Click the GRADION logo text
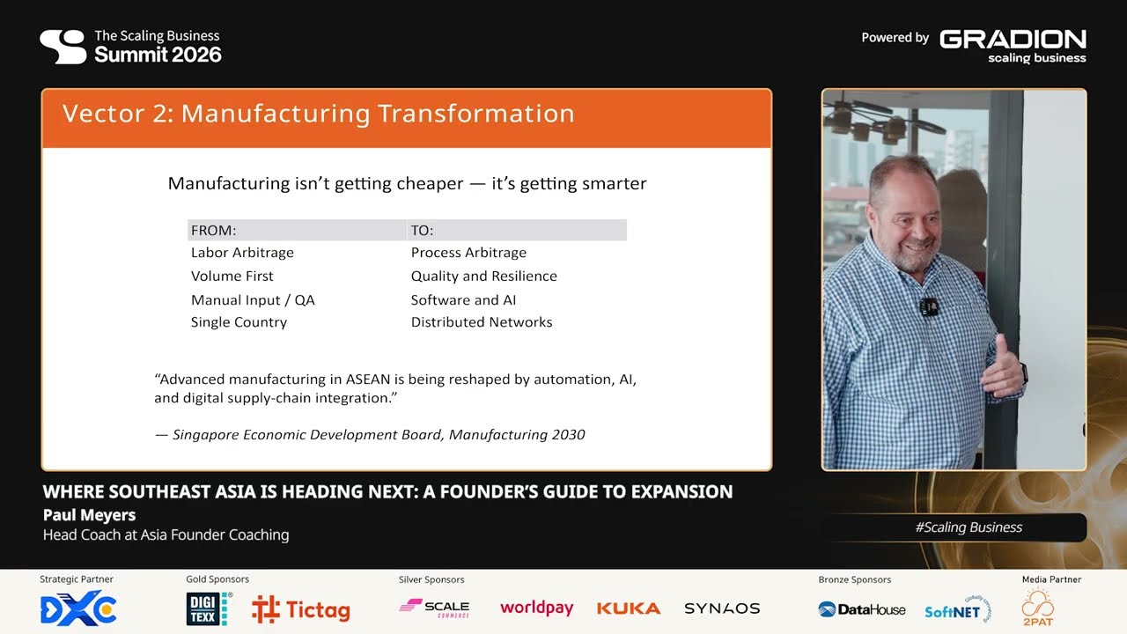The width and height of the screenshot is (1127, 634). (1013, 39)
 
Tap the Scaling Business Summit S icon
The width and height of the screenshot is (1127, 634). (63, 47)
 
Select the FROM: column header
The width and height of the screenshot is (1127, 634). (213, 231)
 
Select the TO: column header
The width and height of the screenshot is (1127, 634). (422, 231)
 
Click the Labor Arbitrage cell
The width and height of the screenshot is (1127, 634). (242, 253)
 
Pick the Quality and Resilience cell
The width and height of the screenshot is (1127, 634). (483, 276)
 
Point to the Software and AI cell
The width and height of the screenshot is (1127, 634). (463, 300)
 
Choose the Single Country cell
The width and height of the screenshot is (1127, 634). (239, 322)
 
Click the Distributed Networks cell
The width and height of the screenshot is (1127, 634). (482, 322)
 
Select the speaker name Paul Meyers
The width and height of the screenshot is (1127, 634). (89, 515)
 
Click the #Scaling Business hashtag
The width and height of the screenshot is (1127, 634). (969, 527)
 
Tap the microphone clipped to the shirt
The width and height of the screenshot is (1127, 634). (928, 307)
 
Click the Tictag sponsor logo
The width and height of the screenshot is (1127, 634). (300, 609)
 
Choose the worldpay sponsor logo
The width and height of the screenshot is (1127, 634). (536, 608)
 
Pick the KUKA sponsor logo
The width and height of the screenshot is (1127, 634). (628, 608)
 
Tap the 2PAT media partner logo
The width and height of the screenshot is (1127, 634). (1037, 608)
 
